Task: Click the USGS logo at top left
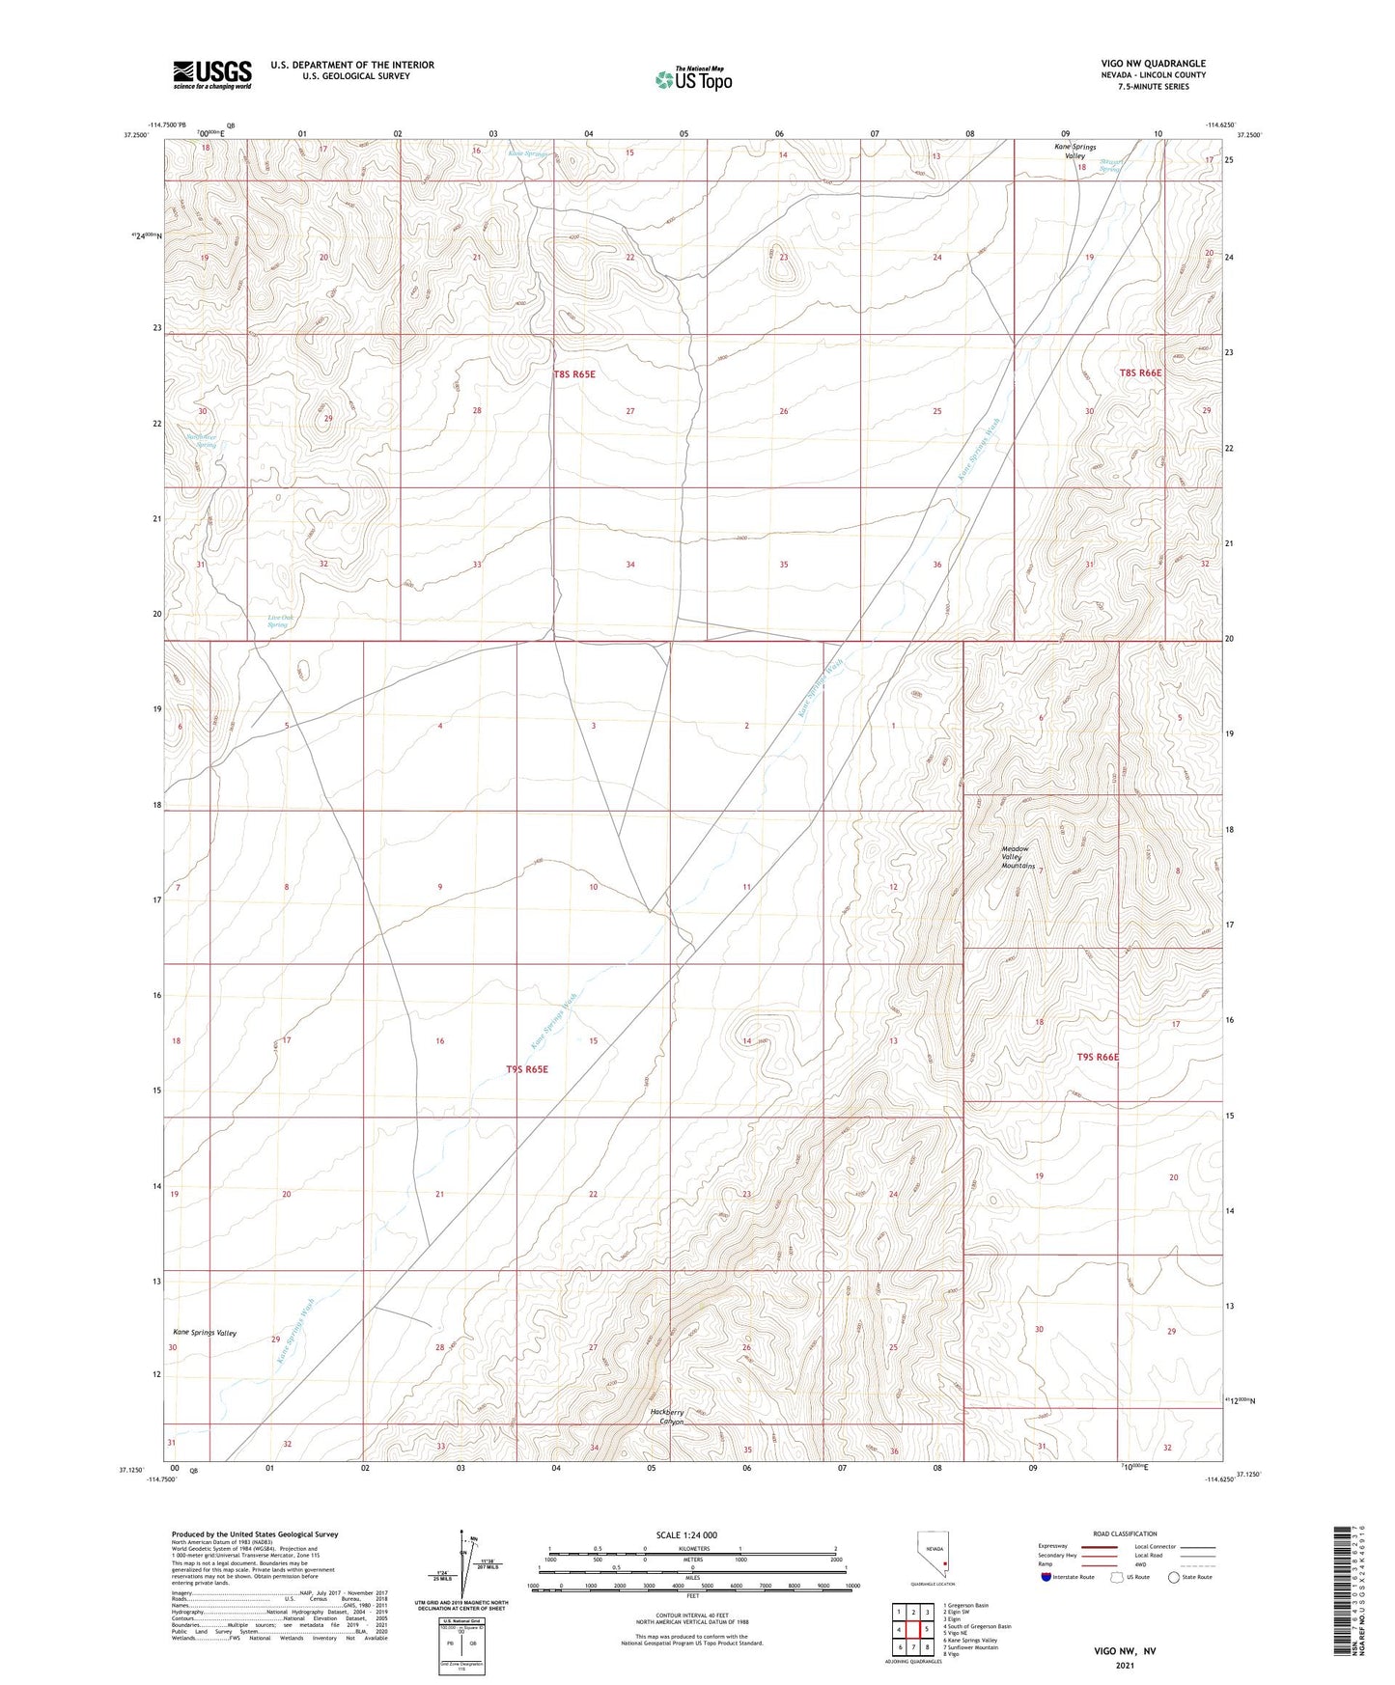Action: tap(212, 74)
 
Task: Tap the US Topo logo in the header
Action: tap(692, 78)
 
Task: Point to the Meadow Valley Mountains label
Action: tap(1017, 858)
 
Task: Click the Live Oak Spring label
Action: tap(280, 621)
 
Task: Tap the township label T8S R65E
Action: tap(574, 373)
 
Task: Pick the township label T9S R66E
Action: tap(1098, 1057)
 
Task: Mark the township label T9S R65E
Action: tap(527, 1069)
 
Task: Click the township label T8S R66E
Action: tap(1140, 373)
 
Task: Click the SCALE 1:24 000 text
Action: tap(686, 1534)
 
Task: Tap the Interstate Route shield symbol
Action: tap(1047, 1577)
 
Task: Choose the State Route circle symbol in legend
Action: tap(1174, 1577)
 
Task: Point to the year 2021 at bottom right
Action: tap(1125, 1665)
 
